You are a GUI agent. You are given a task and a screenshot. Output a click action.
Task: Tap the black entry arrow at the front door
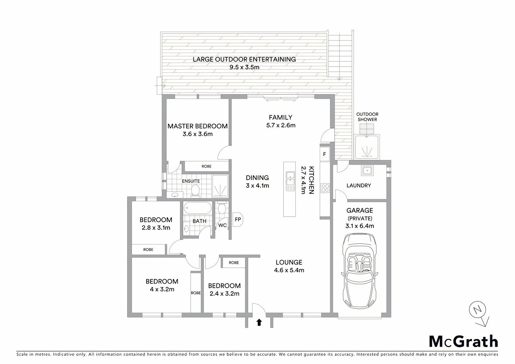coord(259,322)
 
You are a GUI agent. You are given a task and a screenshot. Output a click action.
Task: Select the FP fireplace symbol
coord(238,219)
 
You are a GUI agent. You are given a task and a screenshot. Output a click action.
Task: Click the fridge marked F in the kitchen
coord(325,154)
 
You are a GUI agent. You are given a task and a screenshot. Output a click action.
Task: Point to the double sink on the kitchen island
coord(290,181)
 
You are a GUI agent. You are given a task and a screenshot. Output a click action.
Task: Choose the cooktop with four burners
coord(325,188)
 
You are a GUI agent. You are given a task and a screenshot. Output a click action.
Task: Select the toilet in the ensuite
coord(195,191)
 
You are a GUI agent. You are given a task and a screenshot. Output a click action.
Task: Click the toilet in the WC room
coord(221,208)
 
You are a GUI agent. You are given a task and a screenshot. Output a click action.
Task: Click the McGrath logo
coord(463,341)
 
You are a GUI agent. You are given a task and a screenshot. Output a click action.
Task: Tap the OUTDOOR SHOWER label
coord(367,117)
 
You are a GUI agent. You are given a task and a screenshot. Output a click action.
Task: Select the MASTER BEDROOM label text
coord(197,126)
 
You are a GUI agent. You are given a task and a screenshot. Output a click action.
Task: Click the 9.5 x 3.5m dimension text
coord(244,67)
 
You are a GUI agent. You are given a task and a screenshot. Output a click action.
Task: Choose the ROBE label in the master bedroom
coord(207,166)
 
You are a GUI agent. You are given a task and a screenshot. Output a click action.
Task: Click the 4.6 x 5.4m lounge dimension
coord(289,270)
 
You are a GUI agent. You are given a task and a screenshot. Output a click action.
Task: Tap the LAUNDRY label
coord(359,185)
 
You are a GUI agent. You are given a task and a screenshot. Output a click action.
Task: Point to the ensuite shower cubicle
coord(220,186)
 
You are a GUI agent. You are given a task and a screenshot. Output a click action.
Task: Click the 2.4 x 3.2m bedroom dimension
coord(225,294)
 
